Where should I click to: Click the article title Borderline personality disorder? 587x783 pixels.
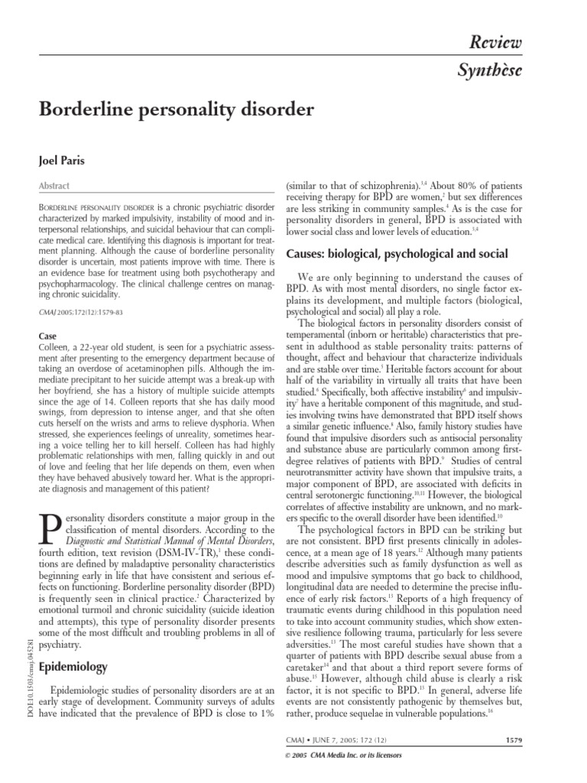coord(176,109)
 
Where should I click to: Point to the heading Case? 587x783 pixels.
coord(47,335)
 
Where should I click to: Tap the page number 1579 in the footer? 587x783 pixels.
coord(515,739)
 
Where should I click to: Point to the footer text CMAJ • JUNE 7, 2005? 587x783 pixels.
coord(329,739)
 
